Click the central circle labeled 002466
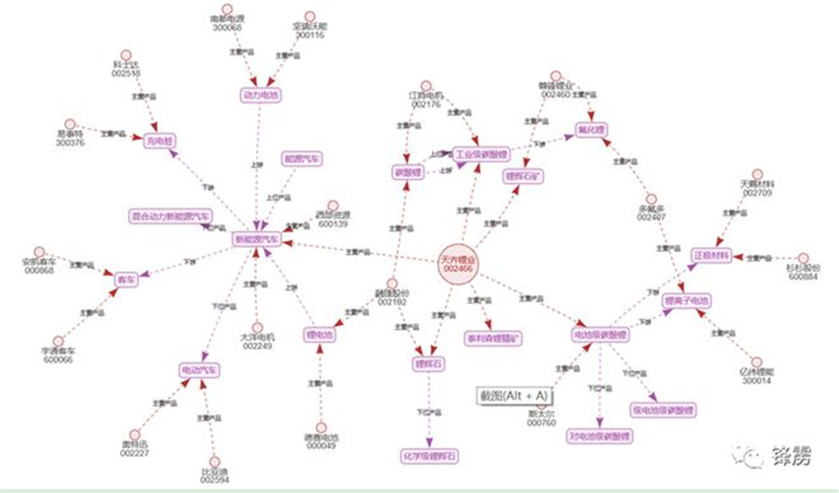coord(459,263)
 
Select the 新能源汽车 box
coord(257,240)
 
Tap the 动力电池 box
coord(261,95)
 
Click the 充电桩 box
coord(159,142)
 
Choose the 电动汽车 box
coord(200,371)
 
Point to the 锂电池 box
coord(319,334)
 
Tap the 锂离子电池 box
coord(686,301)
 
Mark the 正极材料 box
coord(712,254)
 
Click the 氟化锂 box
coord(591,129)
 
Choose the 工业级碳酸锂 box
coord(481,154)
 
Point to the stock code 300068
coord(227,27)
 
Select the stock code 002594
coord(215,480)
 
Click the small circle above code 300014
coord(757,362)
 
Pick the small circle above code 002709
coord(757,175)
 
